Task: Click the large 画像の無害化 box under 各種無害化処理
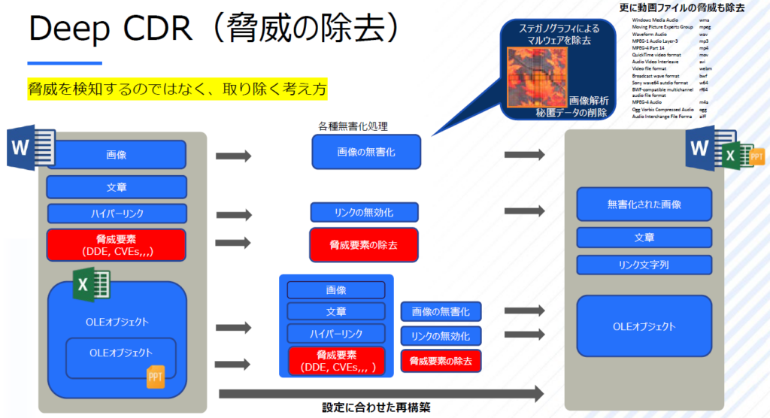click(366, 152)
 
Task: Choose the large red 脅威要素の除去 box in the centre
click(364, 244)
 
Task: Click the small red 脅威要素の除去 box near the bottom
click(441, 361)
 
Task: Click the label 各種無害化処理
click(353, 126)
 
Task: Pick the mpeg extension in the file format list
click(705, 26)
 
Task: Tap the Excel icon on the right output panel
click(729, 156)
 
